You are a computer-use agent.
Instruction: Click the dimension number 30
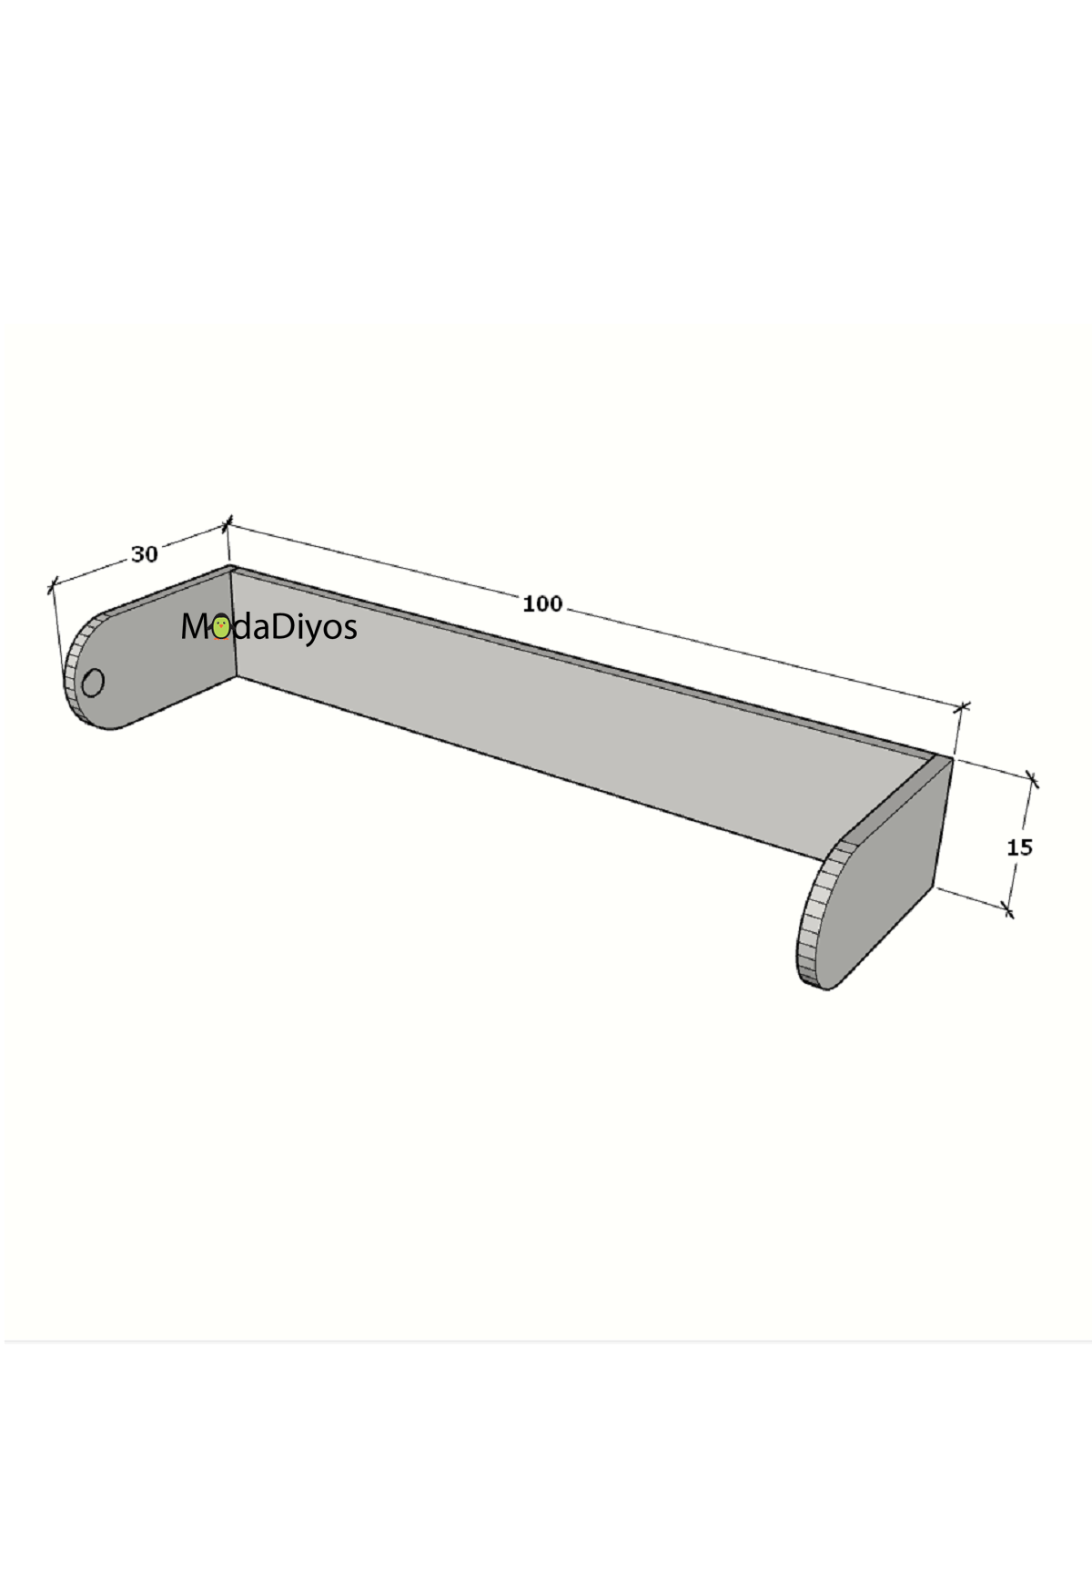pos(145,553)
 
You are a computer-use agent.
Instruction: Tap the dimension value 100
pos(542,603)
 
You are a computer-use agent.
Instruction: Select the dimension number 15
pos(1019,847)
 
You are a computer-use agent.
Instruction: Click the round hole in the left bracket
pos(93,682)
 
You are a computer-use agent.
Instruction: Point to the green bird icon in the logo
pos(220,627)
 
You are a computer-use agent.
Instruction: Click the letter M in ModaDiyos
pos(196,626)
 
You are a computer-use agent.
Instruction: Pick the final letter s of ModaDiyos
pos(349,630)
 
